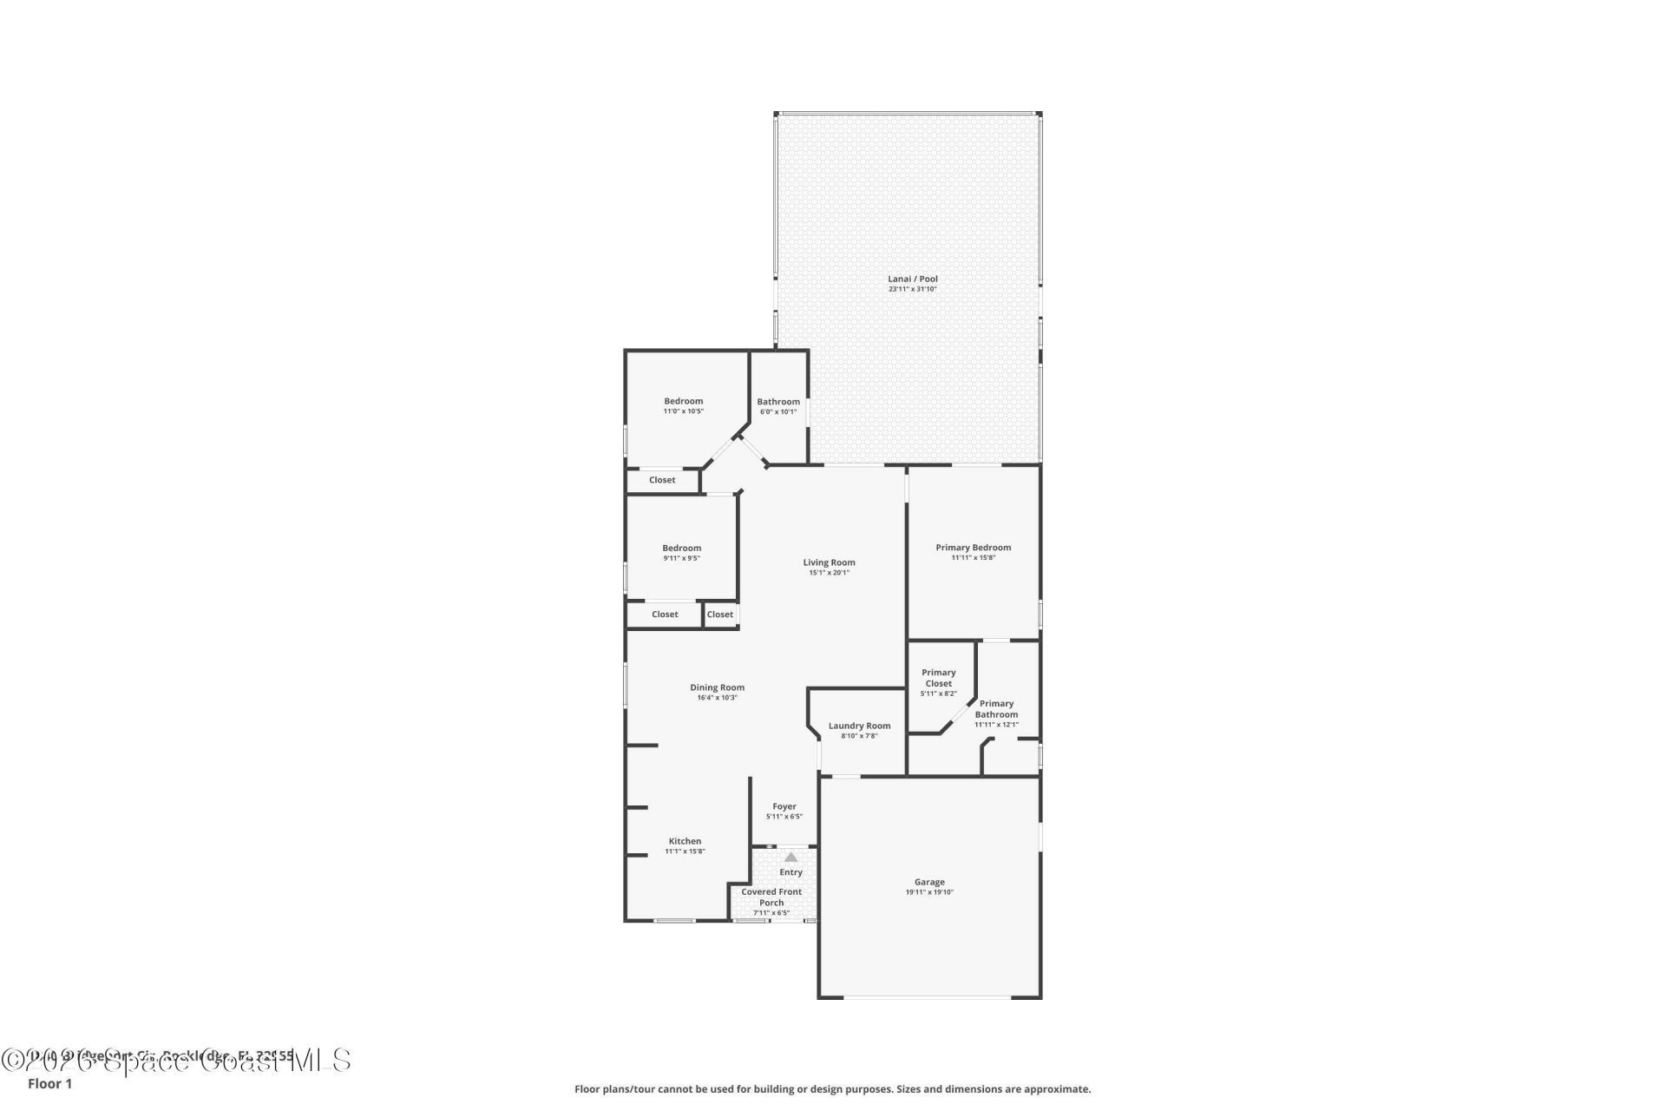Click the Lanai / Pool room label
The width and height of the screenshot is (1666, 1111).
(912, 279)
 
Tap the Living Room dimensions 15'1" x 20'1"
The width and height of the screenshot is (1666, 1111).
(829, 573)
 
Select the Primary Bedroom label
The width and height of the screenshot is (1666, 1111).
(973, 548)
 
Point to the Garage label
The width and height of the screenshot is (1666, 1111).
(929, 882)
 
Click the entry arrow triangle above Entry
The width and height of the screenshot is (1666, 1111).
(790, 857)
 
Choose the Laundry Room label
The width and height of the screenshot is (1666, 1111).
(859, 726)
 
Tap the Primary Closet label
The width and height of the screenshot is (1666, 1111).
(938, 678)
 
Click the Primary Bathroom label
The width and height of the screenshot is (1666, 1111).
(996, 709)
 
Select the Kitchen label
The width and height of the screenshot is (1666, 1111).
(685, 841)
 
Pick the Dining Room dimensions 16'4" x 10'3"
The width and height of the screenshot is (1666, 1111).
(717, 698)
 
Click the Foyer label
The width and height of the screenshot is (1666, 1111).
(784, 806)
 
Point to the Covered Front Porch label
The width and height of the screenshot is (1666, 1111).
(771, 897)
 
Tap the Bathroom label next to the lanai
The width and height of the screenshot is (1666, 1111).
(778, 402)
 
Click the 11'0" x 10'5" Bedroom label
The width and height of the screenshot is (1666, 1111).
(684, 401)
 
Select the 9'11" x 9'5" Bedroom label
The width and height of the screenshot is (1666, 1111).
(681, 548)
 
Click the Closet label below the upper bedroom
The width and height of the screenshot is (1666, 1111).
(662, 480)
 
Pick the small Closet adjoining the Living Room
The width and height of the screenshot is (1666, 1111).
(719, 615)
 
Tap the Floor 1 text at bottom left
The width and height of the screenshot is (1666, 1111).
(49, 1083)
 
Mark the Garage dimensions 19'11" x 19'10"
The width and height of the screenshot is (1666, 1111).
(929, 892)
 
